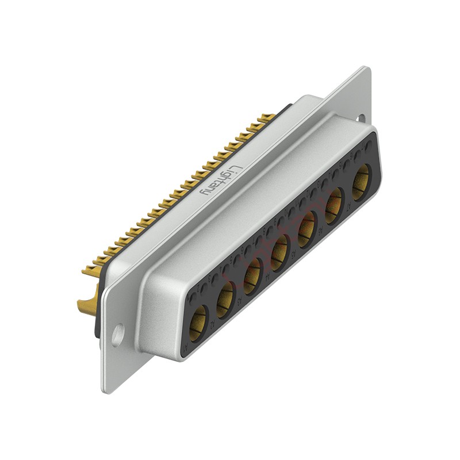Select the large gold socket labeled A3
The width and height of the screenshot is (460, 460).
(x=252, y=273)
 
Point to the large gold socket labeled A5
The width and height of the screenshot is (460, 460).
(x=307, y=227)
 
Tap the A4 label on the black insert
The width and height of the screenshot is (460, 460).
(x=267, y=277)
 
